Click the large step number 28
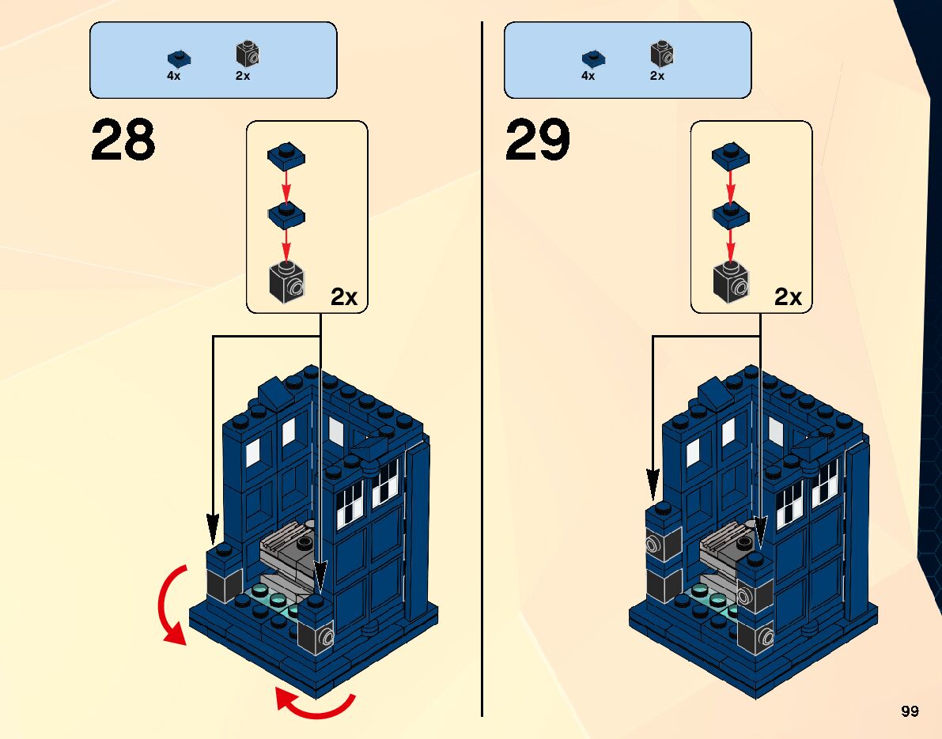123,141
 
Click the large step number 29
537,141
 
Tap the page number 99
910,711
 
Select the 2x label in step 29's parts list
657,76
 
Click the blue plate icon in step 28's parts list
180,58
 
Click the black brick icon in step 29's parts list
661,54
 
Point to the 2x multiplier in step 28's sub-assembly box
344,297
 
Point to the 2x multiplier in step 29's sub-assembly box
788,297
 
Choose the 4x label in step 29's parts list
588,76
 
